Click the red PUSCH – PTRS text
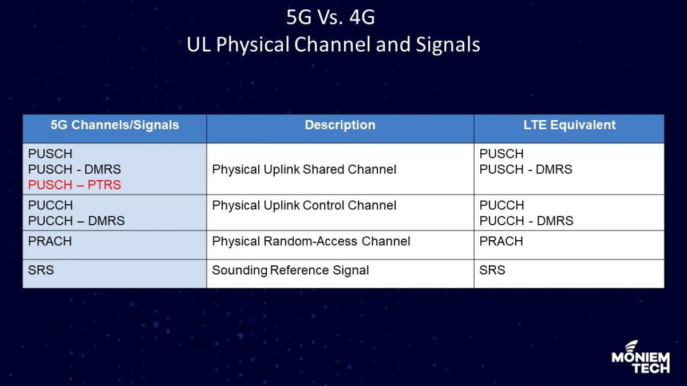(x=74, y=185)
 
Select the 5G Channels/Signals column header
(x=114, y=125)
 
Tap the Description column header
(x=340, y=125)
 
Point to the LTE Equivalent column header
(x=569, y=125)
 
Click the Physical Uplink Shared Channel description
(x=304, y=170)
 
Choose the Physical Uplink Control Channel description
(x=304, y=205)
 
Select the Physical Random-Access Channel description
(x=311, y=241)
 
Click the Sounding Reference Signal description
(x=290, y=270)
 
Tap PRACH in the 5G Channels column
(x=50, y=241)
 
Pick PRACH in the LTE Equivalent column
(x=501, y=241)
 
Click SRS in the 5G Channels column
(x=41, y=270)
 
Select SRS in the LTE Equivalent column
(x=492, y=270)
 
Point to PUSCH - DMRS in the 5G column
(x=74, y=170)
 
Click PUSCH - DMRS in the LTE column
(x=526, y=170)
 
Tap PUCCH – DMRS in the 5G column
(x=76, y=221)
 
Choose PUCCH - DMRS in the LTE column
(x=526, y=221)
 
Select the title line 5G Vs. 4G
(x=330, y=18)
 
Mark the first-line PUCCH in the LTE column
(x=502, y=205)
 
